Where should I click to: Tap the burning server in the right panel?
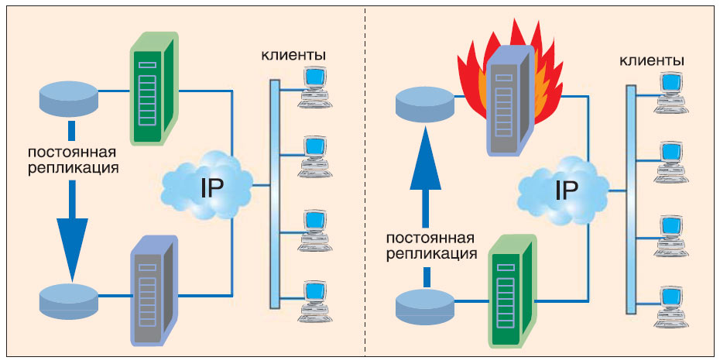point(507,101)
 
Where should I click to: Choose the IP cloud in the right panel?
point(564,188)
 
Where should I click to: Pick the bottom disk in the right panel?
point(425,304)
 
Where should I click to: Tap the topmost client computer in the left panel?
point(315,84)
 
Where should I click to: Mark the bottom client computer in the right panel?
point(671,303)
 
